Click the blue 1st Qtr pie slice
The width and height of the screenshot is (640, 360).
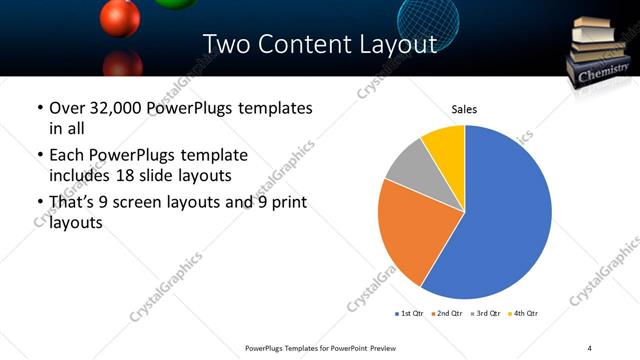point(505,215)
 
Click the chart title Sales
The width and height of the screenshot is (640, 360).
point(464,108)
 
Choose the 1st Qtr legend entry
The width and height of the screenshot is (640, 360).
point(411,313)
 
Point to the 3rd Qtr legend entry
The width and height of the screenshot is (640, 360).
point(487,313)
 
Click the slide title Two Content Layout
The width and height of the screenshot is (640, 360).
point(319,45)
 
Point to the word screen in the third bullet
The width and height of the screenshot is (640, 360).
point(148,202)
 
